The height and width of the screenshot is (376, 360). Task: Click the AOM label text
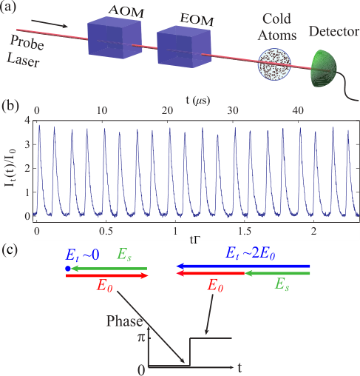coord(126,11)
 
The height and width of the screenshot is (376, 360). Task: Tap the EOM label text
coord(197,19)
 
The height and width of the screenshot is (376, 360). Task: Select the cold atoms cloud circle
coord(274,64)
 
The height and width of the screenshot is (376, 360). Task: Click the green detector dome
coord(324,68)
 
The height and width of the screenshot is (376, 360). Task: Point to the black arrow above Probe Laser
coord(50,24)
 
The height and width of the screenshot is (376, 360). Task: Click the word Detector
coord(334,31)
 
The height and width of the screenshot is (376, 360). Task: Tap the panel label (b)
coord(10,107)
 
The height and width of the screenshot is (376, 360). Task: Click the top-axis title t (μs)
coord(198,100)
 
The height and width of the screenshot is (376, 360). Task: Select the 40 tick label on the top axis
coord(298,111)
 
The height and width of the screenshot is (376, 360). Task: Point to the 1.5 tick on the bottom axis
coord(245,232)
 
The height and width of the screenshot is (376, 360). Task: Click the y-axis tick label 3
coord(27,144)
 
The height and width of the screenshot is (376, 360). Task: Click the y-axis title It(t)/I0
coord(10,168)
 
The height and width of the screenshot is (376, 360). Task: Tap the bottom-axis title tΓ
coord(194,239)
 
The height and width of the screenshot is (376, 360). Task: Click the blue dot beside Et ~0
coord(68,269)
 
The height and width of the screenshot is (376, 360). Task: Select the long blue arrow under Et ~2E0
coord(243,266)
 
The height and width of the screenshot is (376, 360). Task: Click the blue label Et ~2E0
coord(250,253)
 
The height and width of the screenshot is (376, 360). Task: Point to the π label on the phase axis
coord(141,338)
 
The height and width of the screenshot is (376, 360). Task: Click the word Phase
coord(124,321)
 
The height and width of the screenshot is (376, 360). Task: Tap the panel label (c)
coord(10,251)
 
